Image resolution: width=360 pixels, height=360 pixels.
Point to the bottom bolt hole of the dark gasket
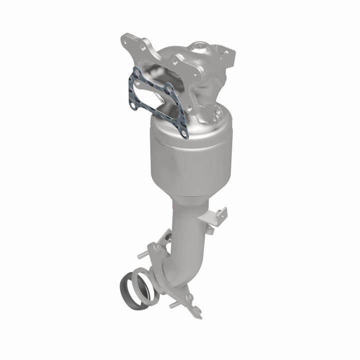(183, 134)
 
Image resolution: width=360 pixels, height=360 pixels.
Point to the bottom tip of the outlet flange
(197, 315)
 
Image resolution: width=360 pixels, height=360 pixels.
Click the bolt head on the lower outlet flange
(190, 298)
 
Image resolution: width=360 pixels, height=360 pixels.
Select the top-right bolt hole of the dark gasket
(170, 88)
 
